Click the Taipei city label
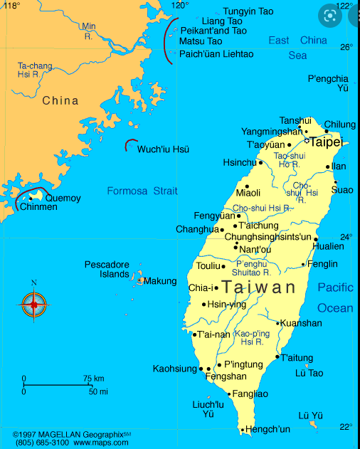point(326,142)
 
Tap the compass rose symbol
point(33,305)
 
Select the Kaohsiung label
point(174,369)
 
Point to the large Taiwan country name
point(258,287)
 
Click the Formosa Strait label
point(142,191)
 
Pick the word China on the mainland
point(60,100)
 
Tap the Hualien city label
point(328,246)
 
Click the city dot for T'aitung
point(277,357)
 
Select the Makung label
point(160,281)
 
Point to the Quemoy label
point(63,198)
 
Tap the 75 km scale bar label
point(93,378)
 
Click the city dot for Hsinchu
point(260,162)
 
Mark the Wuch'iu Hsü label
point(163,149)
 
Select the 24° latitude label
point(345,236)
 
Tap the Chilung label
point(340,125)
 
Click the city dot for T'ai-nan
point(194,334)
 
